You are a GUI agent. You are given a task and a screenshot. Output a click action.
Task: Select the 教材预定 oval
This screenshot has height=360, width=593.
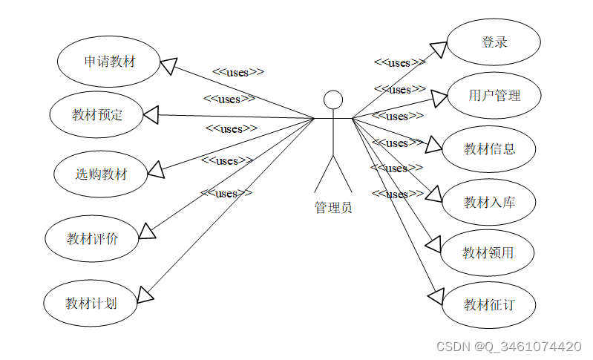97,114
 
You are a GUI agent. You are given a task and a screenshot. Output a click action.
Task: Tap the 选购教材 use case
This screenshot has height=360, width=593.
101,174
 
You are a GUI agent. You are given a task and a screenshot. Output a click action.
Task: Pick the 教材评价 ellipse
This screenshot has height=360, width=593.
92,238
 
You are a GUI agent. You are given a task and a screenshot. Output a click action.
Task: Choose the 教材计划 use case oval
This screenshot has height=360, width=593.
91,303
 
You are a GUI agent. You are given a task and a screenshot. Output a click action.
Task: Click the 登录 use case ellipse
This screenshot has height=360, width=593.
494,42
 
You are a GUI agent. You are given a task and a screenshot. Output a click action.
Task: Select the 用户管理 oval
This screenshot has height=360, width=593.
494,95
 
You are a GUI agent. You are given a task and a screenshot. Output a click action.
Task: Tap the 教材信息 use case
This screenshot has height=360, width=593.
489,148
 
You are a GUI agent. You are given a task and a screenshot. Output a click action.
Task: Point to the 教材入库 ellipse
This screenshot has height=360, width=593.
489,202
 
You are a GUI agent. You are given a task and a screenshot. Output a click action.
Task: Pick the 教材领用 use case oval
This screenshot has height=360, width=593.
488,252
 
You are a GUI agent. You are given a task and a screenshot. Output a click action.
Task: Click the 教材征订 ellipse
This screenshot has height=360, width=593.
488,304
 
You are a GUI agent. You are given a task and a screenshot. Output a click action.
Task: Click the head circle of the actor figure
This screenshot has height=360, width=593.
333,99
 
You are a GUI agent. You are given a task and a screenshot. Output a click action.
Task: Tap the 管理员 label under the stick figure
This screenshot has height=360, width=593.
333,207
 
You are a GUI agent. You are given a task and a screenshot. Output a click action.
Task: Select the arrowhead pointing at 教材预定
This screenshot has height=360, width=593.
151,114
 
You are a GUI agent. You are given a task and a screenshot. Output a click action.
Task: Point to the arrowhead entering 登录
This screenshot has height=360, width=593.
438,49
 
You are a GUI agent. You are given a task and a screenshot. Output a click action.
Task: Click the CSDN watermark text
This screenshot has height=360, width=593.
508,347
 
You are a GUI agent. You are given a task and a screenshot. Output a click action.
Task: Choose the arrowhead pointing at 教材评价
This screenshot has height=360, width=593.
147,232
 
